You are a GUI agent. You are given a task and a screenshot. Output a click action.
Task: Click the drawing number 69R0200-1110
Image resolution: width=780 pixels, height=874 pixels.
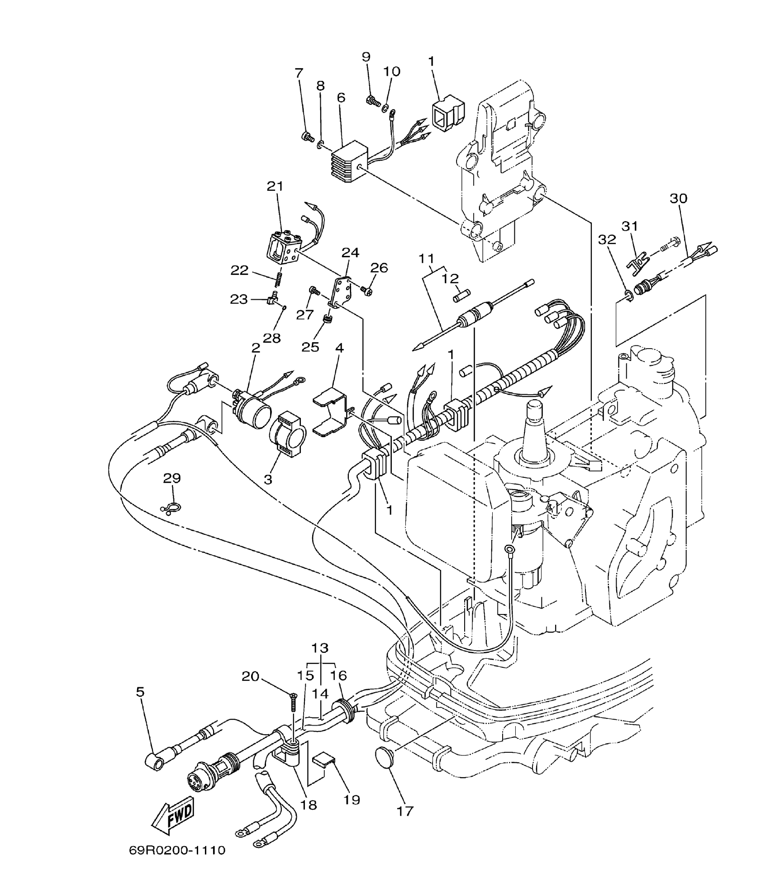[177, 850]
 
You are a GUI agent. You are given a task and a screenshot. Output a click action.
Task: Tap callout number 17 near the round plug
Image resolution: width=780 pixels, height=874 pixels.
[405, 811]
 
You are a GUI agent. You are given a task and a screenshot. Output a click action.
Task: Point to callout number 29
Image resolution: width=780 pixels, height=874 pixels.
[172, 478]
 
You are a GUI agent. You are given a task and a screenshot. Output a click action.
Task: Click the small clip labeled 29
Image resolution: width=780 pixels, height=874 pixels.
[171, 509]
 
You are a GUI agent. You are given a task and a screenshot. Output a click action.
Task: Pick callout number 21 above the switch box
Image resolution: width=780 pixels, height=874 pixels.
[275, 186]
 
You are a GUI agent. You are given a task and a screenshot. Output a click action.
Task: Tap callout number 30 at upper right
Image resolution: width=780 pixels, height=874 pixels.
[678, 198]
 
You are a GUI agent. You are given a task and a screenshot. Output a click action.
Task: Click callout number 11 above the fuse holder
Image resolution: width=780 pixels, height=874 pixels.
[426, 259]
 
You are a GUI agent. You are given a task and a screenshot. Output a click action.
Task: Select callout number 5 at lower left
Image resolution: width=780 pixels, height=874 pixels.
[140, 692]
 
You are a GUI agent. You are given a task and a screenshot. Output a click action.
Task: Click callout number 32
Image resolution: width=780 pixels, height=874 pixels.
[607, 240]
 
